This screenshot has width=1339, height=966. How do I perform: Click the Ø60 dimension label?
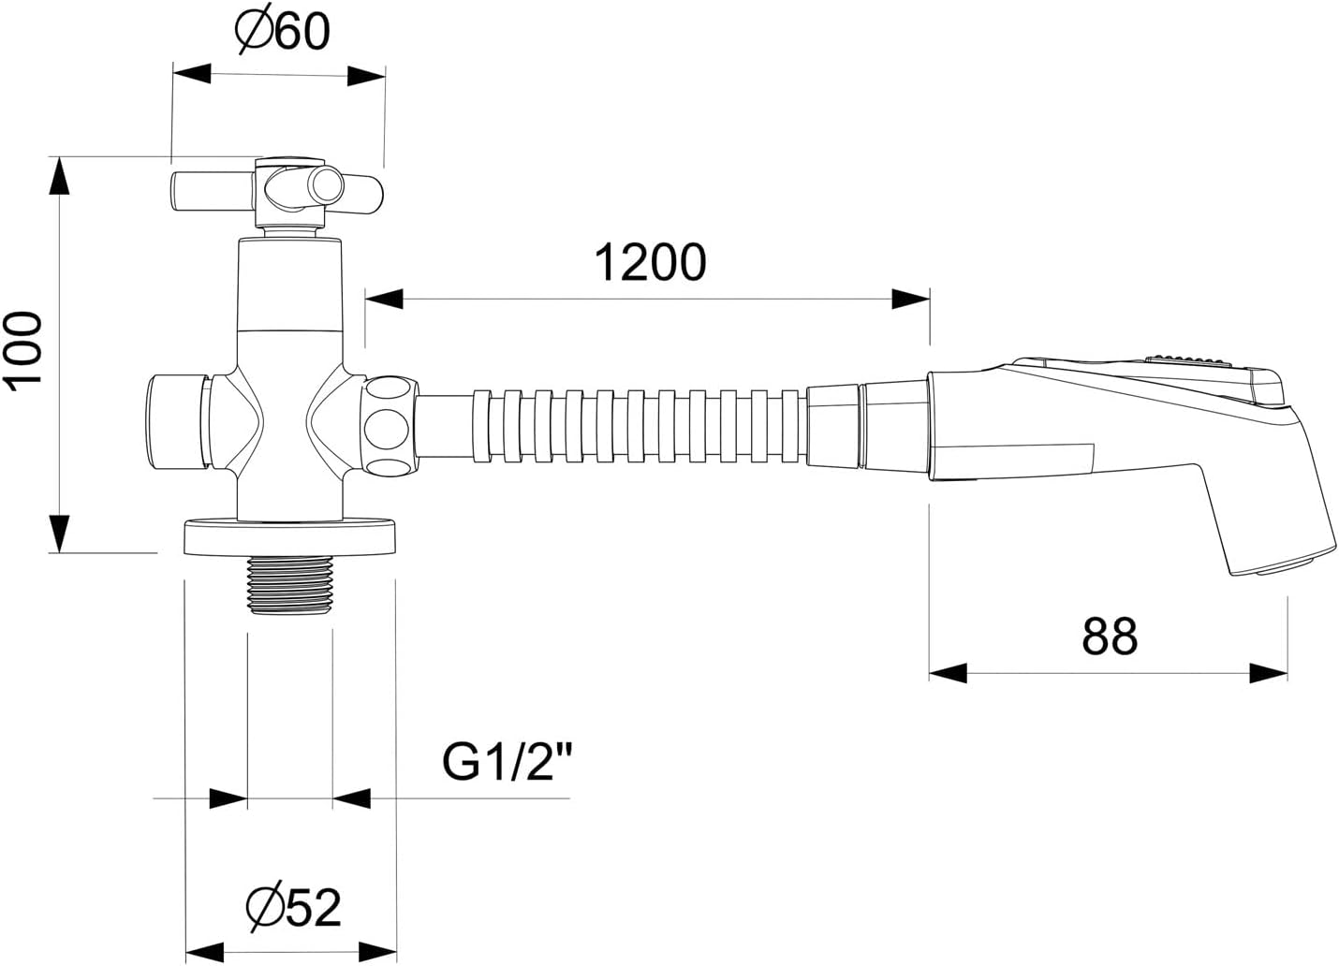282,29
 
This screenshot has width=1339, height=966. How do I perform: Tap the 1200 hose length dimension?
651,262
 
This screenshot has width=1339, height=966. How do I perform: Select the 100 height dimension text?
24,351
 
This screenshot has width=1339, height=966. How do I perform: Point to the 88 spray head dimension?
1110,637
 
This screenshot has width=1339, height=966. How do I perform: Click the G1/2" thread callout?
507,762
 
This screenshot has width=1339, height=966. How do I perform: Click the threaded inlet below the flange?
290,584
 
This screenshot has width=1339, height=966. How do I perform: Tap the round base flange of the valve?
290,537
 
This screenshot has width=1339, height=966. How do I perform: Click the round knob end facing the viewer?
328,184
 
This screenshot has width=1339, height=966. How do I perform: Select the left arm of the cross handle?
213,192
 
